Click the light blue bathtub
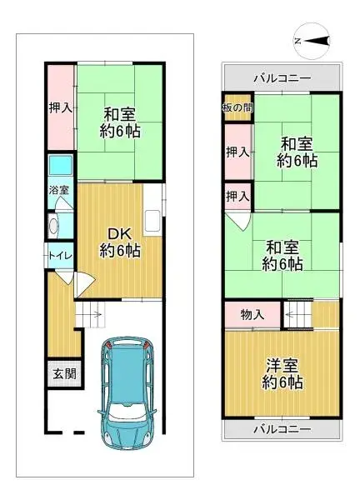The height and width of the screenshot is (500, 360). coord(60,167)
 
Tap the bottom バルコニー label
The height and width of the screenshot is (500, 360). coord(281,430)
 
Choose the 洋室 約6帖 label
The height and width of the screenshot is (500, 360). coord(282,374)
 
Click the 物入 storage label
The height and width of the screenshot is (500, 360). coord(252,314)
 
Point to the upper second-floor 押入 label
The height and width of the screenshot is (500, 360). coord(237,152)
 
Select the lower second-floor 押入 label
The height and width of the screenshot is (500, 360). coord(237,197)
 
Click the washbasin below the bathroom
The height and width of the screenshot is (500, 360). coord(54,225)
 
